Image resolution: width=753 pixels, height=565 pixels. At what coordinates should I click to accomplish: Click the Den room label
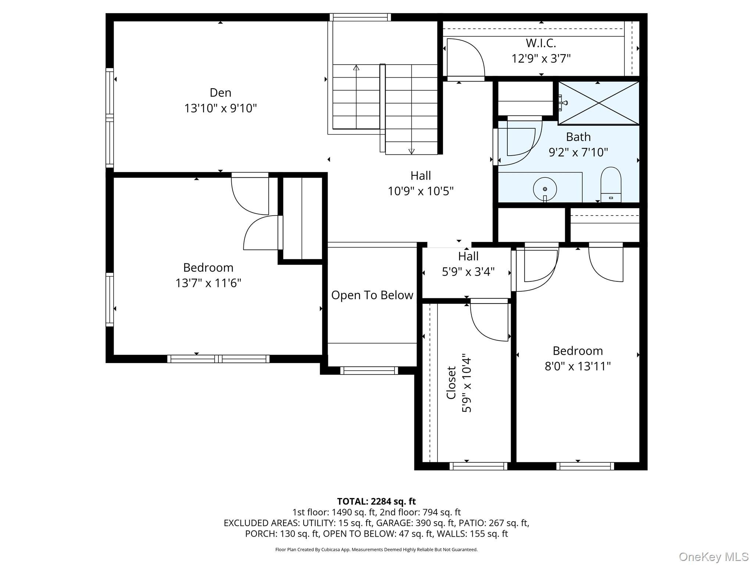(x=220, y=92)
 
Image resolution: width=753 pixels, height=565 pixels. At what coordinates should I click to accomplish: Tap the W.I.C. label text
(x=540, y=43)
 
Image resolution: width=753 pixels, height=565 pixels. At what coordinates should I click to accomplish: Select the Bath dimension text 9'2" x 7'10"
(x=578, y=152)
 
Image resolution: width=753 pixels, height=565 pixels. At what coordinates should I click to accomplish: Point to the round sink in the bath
(x=545, y=189)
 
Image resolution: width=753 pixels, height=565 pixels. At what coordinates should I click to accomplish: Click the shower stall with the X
(x=599, y=103)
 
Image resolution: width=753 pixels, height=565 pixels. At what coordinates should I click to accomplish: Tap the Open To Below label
(x=372, y=295)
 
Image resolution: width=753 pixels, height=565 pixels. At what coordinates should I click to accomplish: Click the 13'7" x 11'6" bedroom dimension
(x=208, y=283)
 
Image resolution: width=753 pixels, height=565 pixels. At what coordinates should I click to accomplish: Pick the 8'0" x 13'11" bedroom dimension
(x=578, y=366)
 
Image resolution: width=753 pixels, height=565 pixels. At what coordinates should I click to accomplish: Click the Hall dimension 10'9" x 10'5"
(x=421, y=191)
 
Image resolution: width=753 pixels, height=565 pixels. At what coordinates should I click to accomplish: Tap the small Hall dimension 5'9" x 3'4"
(x=468, y=271)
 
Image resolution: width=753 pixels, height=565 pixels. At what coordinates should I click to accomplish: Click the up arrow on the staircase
(x=356, y=68)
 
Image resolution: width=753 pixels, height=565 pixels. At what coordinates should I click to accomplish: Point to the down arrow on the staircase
(x=411, y=151)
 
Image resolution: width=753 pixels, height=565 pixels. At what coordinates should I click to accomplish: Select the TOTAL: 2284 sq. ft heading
(x=376, y=501)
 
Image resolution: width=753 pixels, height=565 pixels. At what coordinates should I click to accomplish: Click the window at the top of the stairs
(x=360, y=17)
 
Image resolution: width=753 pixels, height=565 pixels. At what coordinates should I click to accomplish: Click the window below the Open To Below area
(x=369, y=370)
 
